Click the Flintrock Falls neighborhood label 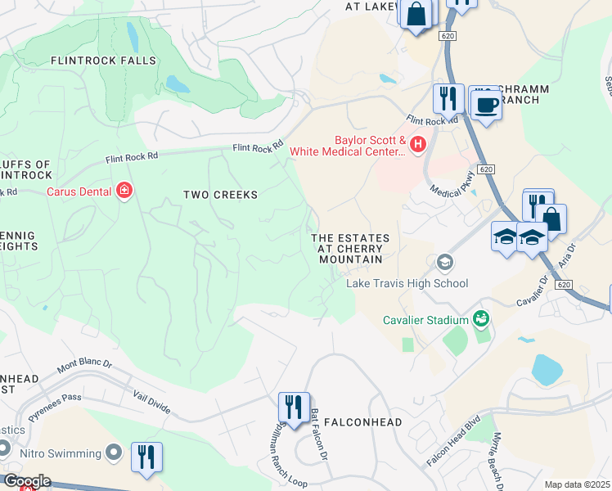pos(103,61)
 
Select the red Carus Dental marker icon pos(124,191)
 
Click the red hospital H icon pos(418,145)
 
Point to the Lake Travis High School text pos(407,283)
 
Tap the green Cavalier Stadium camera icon pos(482,318)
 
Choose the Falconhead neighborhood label pos(362,422)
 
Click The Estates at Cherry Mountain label pos(349,248)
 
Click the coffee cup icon pos(486,105)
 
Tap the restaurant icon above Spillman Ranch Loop pos(293,406)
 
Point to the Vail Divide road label pos(151,399)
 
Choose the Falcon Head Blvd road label pos(452,446)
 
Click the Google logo pos(26,481)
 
